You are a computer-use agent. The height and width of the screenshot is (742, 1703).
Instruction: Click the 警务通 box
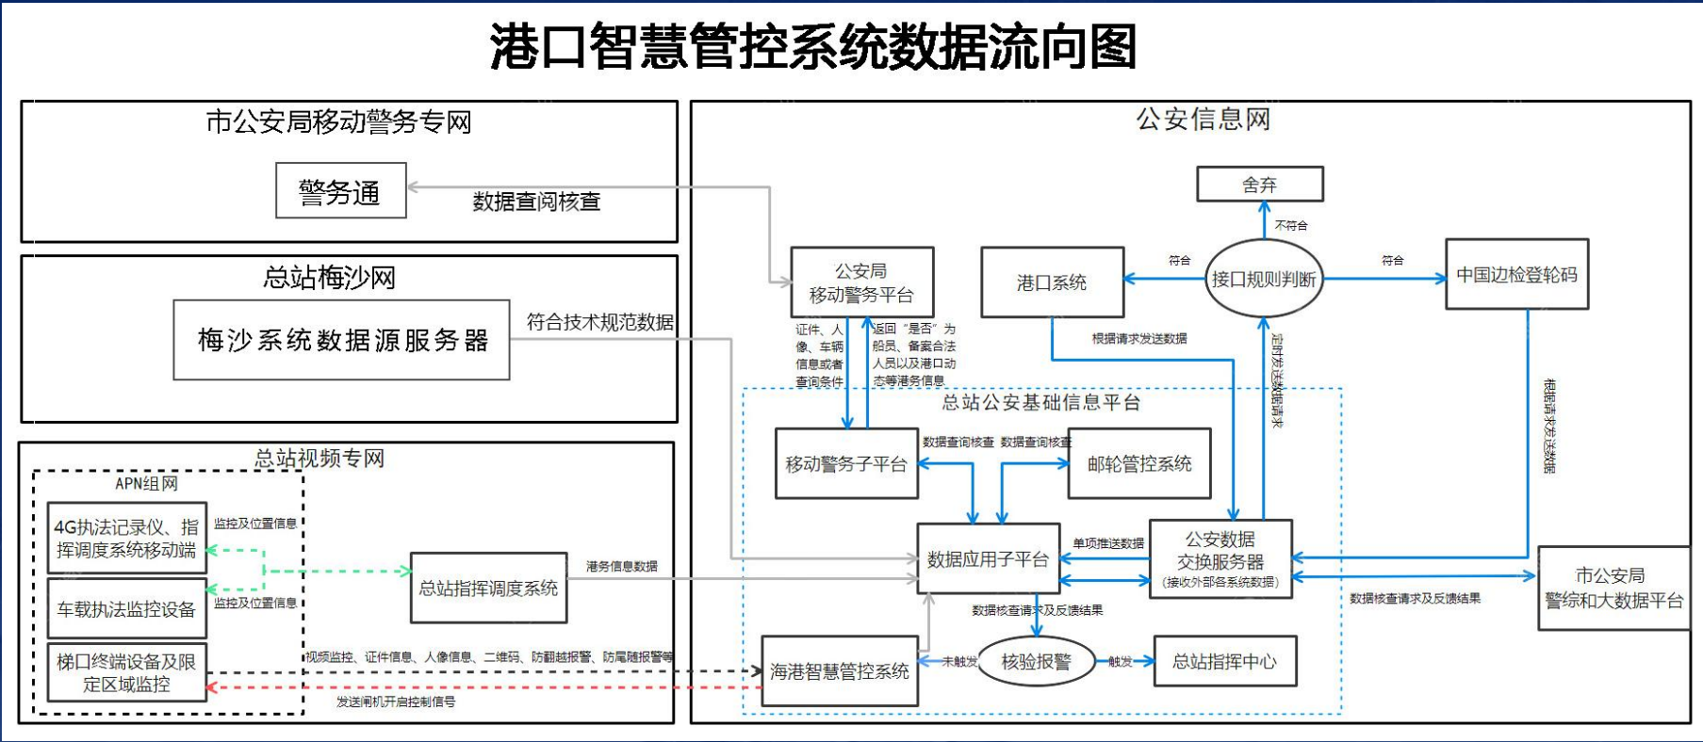[x=340, y=191]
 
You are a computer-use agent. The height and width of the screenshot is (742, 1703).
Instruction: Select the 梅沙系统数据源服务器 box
[x=341, y=340]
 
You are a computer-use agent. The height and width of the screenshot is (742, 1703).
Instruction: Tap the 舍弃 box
[x=1259, y=185]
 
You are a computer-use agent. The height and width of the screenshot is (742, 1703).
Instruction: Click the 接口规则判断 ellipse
[x=1264, y=279]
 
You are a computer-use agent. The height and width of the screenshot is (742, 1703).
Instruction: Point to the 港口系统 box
[x=1052, y=282]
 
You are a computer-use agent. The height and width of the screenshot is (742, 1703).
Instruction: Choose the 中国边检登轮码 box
[x=1516, y=275]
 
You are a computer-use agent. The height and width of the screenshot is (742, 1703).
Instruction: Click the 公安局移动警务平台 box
[x=861, y=282]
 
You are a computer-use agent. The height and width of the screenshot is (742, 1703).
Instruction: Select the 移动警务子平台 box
[x=845, y=463]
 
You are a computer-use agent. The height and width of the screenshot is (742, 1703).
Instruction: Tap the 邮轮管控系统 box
[x=1138, y=463]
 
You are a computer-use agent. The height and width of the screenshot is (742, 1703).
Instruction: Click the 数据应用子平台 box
[x=988, y=559]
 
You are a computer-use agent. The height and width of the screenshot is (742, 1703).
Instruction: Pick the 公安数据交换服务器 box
[x=1220, y=559]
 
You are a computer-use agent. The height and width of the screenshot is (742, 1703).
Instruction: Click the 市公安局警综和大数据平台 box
[x=1613, y=588]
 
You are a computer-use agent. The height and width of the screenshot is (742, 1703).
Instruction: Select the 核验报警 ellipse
[x=1036, y=662]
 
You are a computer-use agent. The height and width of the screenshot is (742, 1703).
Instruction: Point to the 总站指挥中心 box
[x=1224, y=661]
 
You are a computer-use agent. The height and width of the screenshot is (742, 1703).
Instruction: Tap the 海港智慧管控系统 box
[x=839, y=671]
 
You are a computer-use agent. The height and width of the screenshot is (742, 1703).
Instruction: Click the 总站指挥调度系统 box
[x=488, y=588]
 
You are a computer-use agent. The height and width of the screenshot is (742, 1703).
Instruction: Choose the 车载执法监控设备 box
[x=126, y=609]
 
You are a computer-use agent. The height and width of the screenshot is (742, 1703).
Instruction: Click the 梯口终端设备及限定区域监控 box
[x=126, y=673]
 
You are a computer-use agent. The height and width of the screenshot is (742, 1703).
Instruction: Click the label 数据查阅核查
[x=536, y=202]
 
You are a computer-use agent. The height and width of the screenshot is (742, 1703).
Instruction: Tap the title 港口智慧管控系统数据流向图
[x=813, y=47]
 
